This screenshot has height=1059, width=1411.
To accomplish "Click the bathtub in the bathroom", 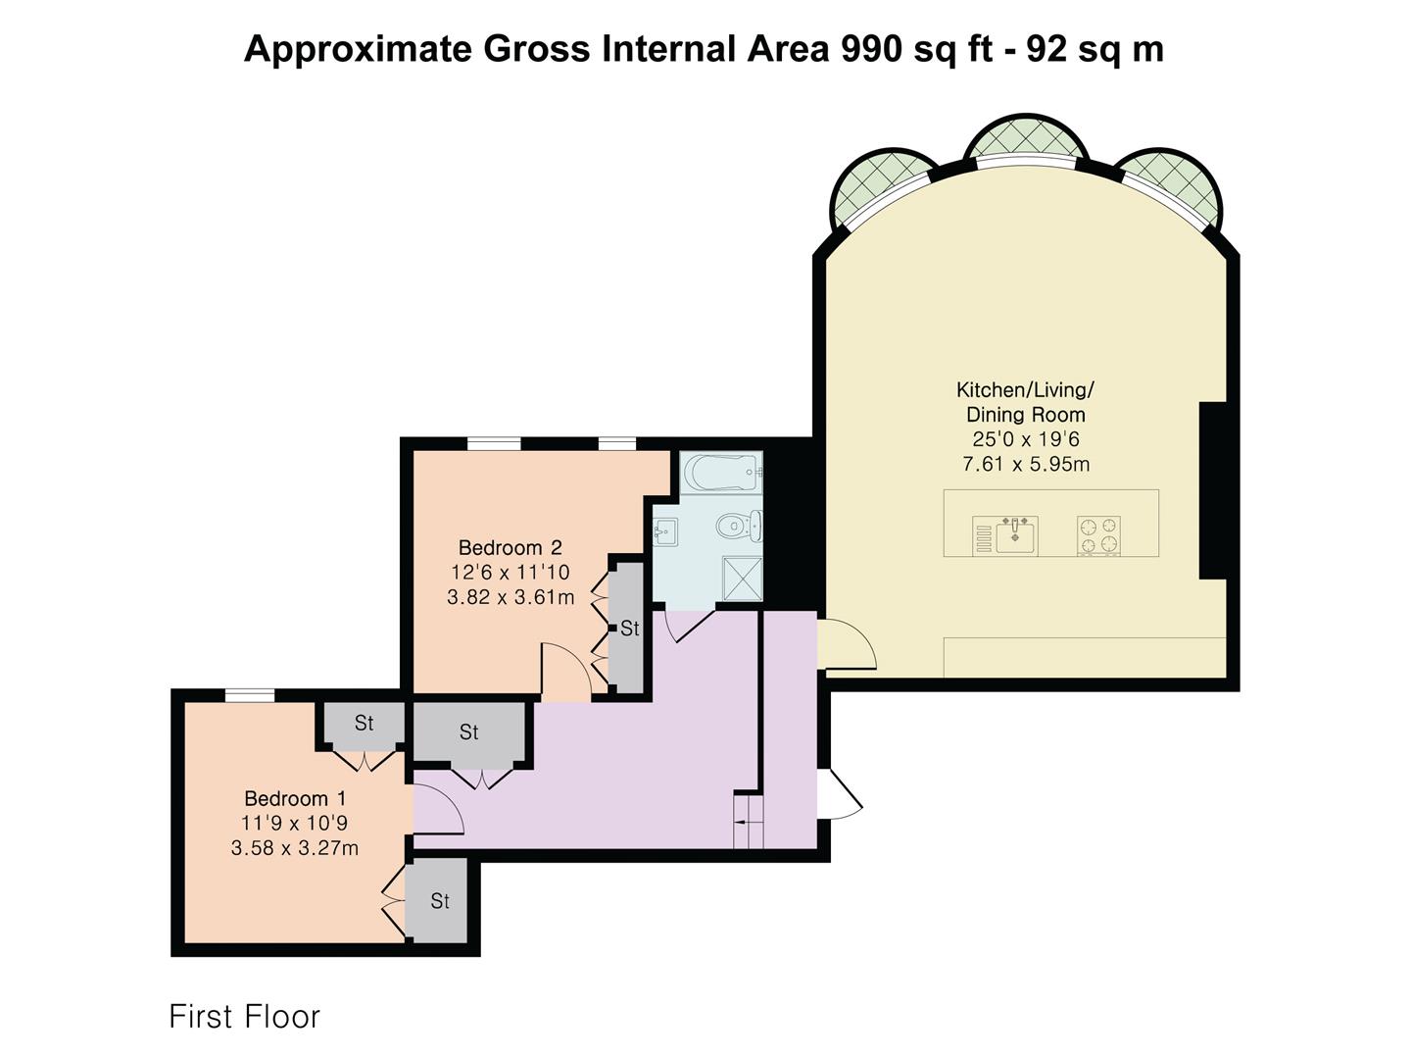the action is pyautogui.click(x=722, y=473).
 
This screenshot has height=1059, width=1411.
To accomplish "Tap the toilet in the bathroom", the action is pyautogui.click(x=739, y=526).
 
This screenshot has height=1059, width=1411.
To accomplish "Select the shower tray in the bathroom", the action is pyautogui.click(x=743, y=579).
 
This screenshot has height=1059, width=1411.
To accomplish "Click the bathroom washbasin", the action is pyautogui.click(x=664, y=531).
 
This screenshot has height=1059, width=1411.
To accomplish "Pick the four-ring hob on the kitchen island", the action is pyautogui.click(x=1099, y=535).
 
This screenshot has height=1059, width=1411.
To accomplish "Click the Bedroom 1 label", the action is pyautogui.click(x=295, y=798).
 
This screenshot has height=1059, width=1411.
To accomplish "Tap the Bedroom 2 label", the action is pyautogui.click(x=511, y=548).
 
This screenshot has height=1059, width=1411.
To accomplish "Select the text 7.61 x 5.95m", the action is pyautogui.click(x=1026, y=464).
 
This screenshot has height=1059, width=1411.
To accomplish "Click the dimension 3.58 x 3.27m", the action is pyautogui.click(x=295, y=848).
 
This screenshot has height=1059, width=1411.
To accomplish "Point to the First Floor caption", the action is pyautogui.click(x=244, y=1017).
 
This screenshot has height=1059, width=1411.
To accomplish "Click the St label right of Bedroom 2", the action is pyautogui.click(x=630, y=629).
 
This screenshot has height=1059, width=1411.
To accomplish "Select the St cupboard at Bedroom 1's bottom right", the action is pyautogui.click(x=440, y=901).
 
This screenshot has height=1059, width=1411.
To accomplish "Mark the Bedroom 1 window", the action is pyautogui.click(x=250, y=695).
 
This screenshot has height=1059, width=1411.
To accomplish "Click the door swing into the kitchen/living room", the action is pyautogui.click(x=848, y=643).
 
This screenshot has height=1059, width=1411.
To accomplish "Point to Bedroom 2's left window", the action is pyautogui.click(x=494, y=443).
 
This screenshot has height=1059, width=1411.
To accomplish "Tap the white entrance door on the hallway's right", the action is pyautogui.click(x=840, y=793).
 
